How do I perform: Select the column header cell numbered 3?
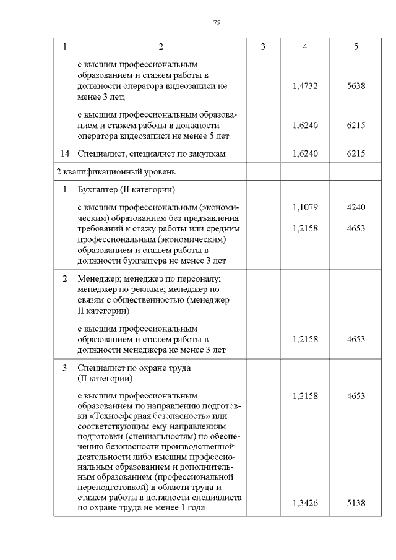[263, 47]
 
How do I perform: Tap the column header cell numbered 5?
[356, 47]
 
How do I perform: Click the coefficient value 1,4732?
[305, 86]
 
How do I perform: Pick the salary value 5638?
[356, 86]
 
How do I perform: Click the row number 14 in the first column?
[64, 153]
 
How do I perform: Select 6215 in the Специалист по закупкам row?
[356, 153]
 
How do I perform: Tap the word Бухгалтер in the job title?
[97, 189]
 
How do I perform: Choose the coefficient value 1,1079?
[305, 208]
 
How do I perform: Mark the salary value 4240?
[356, 208]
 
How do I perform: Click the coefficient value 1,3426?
[305, 503]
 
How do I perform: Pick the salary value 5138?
[356, 503]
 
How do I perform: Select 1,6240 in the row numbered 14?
[305, 153]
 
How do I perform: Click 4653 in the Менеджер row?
[356, 339]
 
